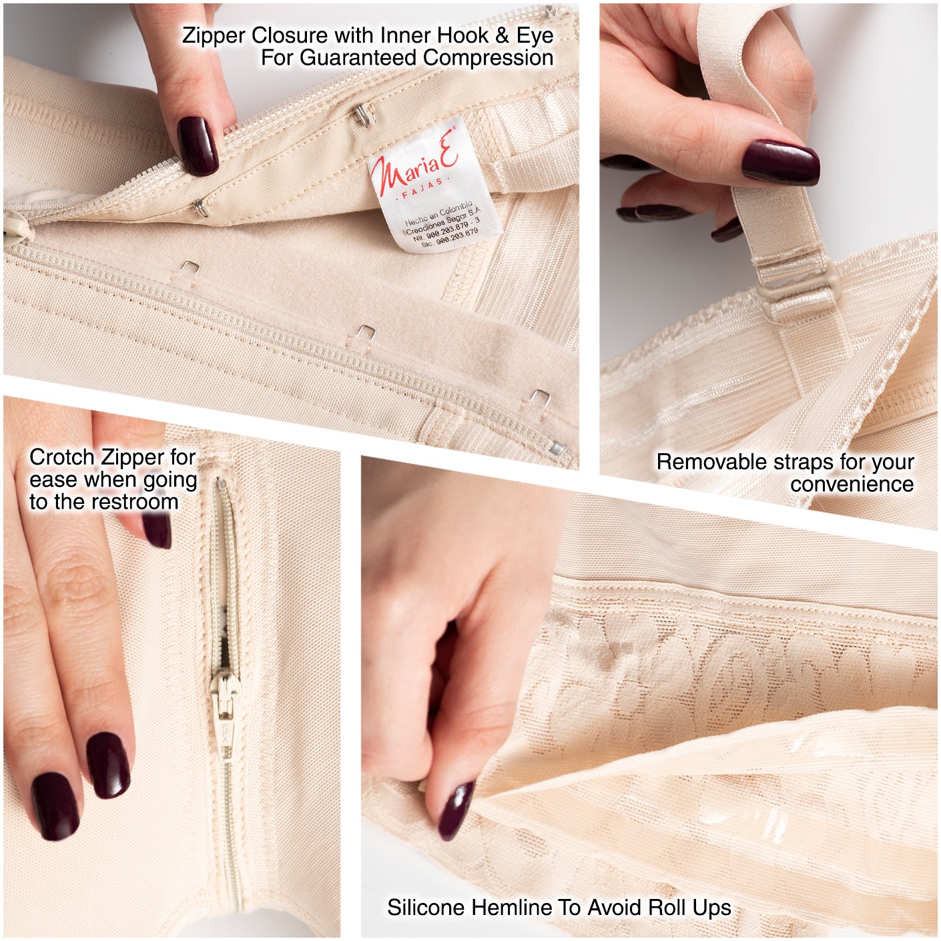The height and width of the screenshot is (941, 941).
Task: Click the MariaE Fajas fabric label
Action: pos(434,187)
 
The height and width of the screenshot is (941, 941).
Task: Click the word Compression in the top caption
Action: pos(488,58)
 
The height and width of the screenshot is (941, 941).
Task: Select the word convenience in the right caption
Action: pos(852,485)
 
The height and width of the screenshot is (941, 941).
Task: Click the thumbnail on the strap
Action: pos(780,162)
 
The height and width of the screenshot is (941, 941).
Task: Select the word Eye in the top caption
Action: pos(535,35)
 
